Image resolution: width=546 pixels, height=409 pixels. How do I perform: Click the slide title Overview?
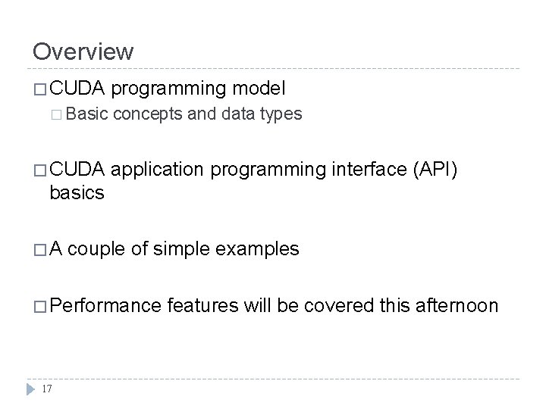(83, 52)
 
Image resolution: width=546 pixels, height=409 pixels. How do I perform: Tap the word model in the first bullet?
(259, 89)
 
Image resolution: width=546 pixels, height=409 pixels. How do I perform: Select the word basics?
(77, 193)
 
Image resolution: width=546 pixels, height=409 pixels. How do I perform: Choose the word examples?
(258, 248)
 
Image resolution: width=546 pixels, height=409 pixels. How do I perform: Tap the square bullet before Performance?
(41, 305)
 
